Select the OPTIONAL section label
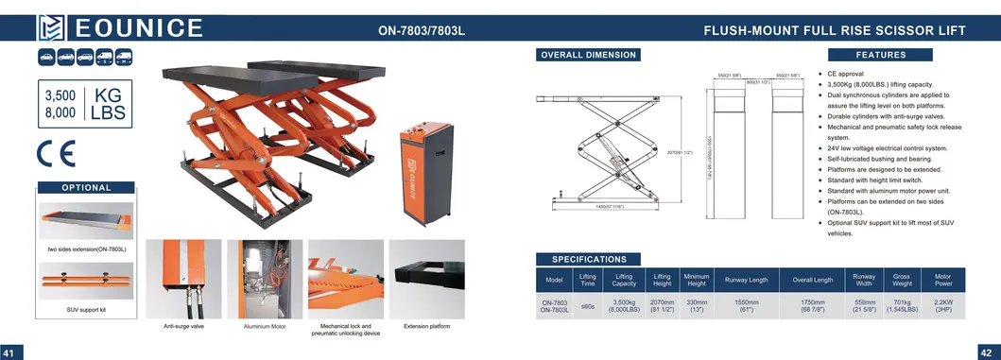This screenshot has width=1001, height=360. (x=87, y=187)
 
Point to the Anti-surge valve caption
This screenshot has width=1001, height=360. (x=183, y=326)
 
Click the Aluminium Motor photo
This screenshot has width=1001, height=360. (x=265, y=279)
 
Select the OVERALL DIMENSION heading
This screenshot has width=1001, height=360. (x=588, y=55)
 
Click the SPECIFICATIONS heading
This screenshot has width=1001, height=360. (x=589, y=259)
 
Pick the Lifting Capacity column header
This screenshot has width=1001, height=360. (x=623, y=280)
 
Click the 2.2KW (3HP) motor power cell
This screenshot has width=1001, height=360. (x=942, y=304)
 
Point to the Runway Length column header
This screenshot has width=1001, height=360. (x=747, y=280)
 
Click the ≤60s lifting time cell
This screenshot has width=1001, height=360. (x=587, y=305)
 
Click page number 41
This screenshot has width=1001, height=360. (x=10, y=352)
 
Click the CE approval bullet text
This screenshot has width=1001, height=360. (x=845, y=73)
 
